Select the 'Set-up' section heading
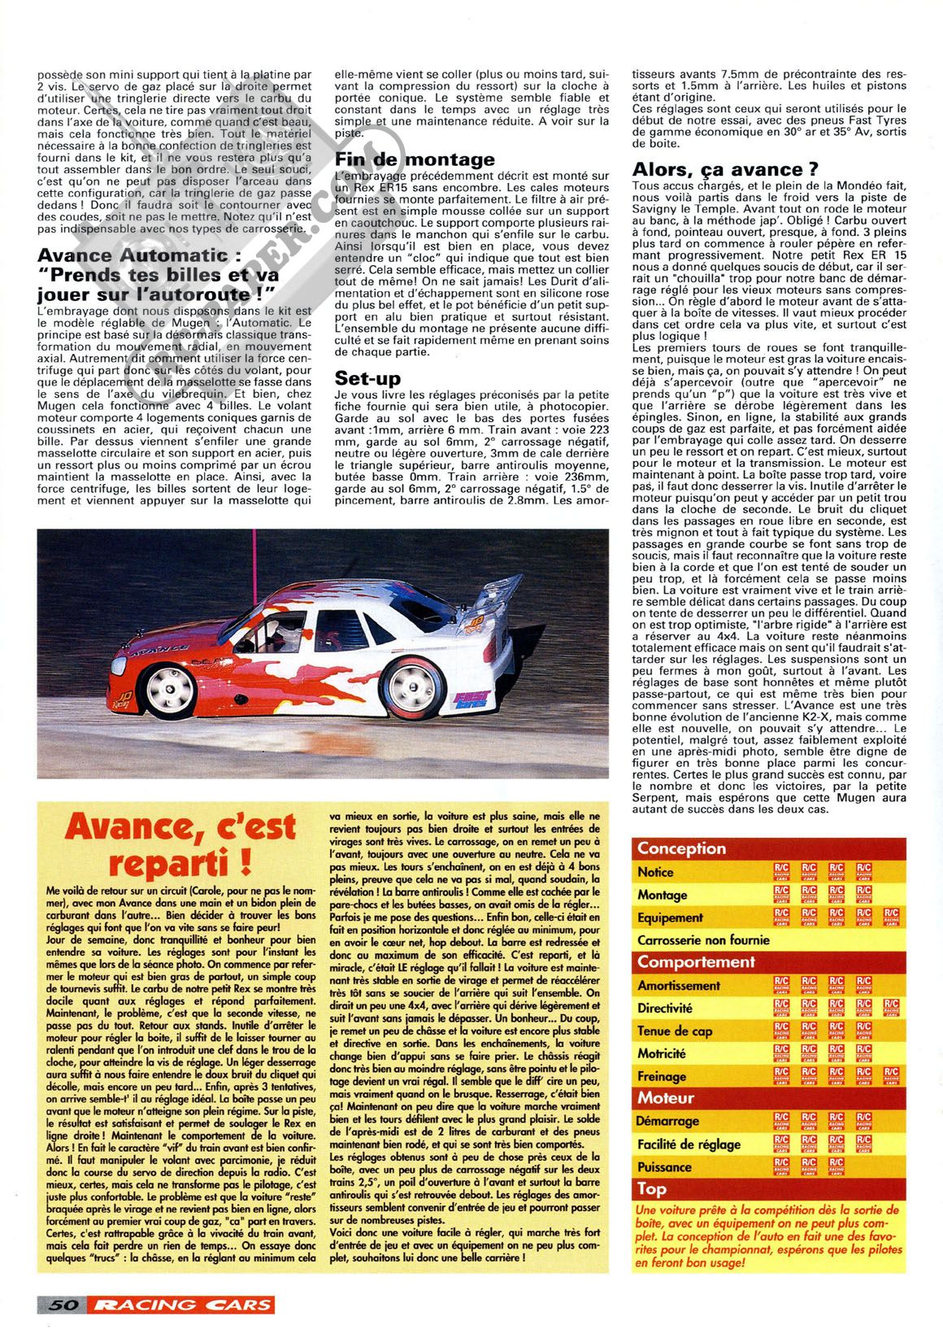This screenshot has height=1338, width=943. [x=367, y=378]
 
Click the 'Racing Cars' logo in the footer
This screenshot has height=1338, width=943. [x=183, y=1305]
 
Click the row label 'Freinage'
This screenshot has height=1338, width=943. [x=662, y=1076]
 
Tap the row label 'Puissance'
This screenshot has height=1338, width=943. [x=664, y=1166]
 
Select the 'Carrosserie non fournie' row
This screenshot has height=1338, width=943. [x=703, y=940]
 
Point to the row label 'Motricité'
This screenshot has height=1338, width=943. [x=662, y=1053]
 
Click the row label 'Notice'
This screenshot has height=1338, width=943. [x=655, y=872]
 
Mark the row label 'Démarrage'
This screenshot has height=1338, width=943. [x=667, y=1121]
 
